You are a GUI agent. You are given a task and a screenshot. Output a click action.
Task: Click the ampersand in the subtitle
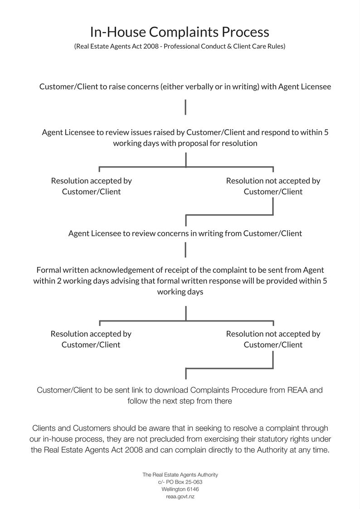[229, 46]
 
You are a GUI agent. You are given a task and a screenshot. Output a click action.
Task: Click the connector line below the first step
[185, 107]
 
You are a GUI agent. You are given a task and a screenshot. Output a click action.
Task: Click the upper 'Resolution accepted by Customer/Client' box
[91, 186]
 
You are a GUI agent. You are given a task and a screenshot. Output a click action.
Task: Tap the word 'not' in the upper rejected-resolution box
[271, 181]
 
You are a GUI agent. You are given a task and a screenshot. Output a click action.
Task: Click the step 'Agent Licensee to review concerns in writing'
[185, 233]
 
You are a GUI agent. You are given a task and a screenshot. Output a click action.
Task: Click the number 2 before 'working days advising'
[59, 281]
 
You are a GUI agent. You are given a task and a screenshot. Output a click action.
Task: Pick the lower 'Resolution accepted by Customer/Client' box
[91, 339]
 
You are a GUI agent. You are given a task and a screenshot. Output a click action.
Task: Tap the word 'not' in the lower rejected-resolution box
[271, 334]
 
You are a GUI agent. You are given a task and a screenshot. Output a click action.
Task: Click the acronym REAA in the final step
[297, 390]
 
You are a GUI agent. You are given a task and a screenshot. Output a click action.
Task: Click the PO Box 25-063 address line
[180, 482]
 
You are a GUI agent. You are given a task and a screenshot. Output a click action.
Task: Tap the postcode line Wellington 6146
[180, 489]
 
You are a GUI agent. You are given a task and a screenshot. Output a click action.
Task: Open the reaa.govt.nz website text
[180, 497]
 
